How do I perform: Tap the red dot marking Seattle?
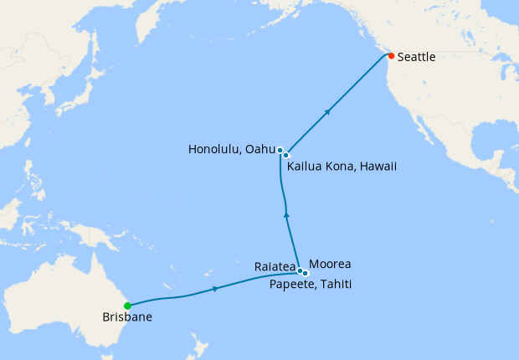391,56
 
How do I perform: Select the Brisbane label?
127,318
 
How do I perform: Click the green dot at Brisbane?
126,306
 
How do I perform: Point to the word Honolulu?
213,149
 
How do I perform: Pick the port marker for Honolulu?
280,150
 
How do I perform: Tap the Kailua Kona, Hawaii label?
342,167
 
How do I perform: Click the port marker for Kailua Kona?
285,155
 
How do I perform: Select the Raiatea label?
274,266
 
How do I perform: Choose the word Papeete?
292,285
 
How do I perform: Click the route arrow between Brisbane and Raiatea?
217,288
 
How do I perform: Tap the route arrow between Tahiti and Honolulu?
287,215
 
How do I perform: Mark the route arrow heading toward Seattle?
328,111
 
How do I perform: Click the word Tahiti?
335,285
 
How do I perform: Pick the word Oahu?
262,149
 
